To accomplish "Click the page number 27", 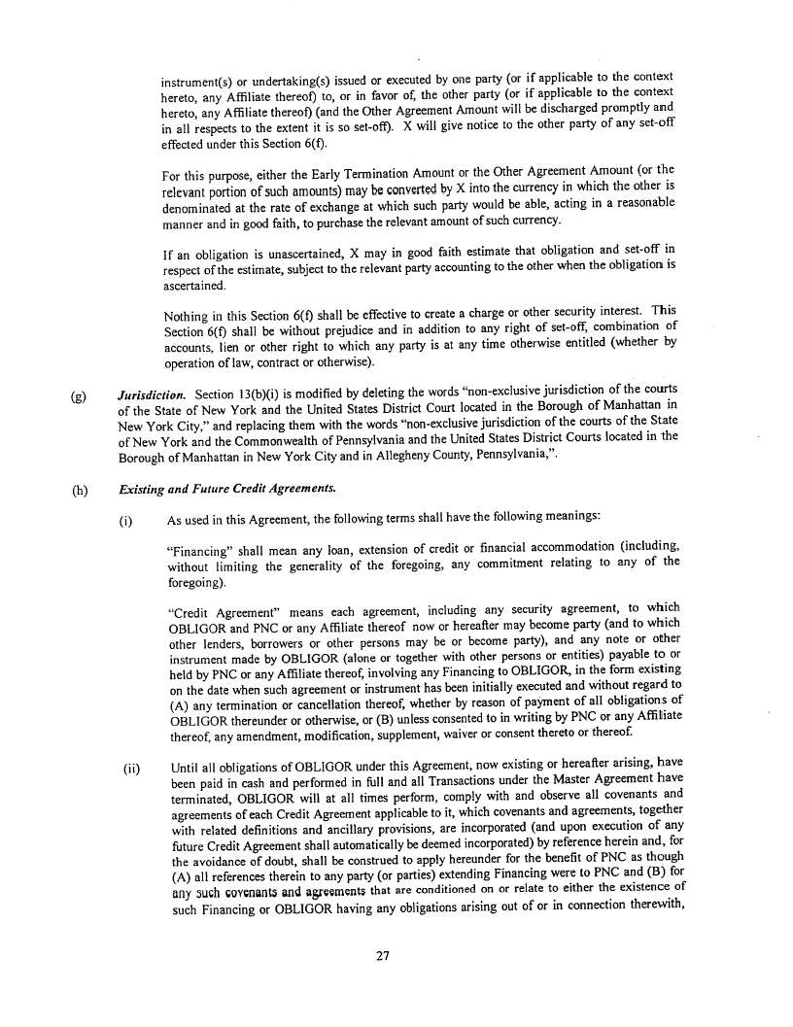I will click(x=382, y=955).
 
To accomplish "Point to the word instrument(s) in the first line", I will click(x=198, y=77).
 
